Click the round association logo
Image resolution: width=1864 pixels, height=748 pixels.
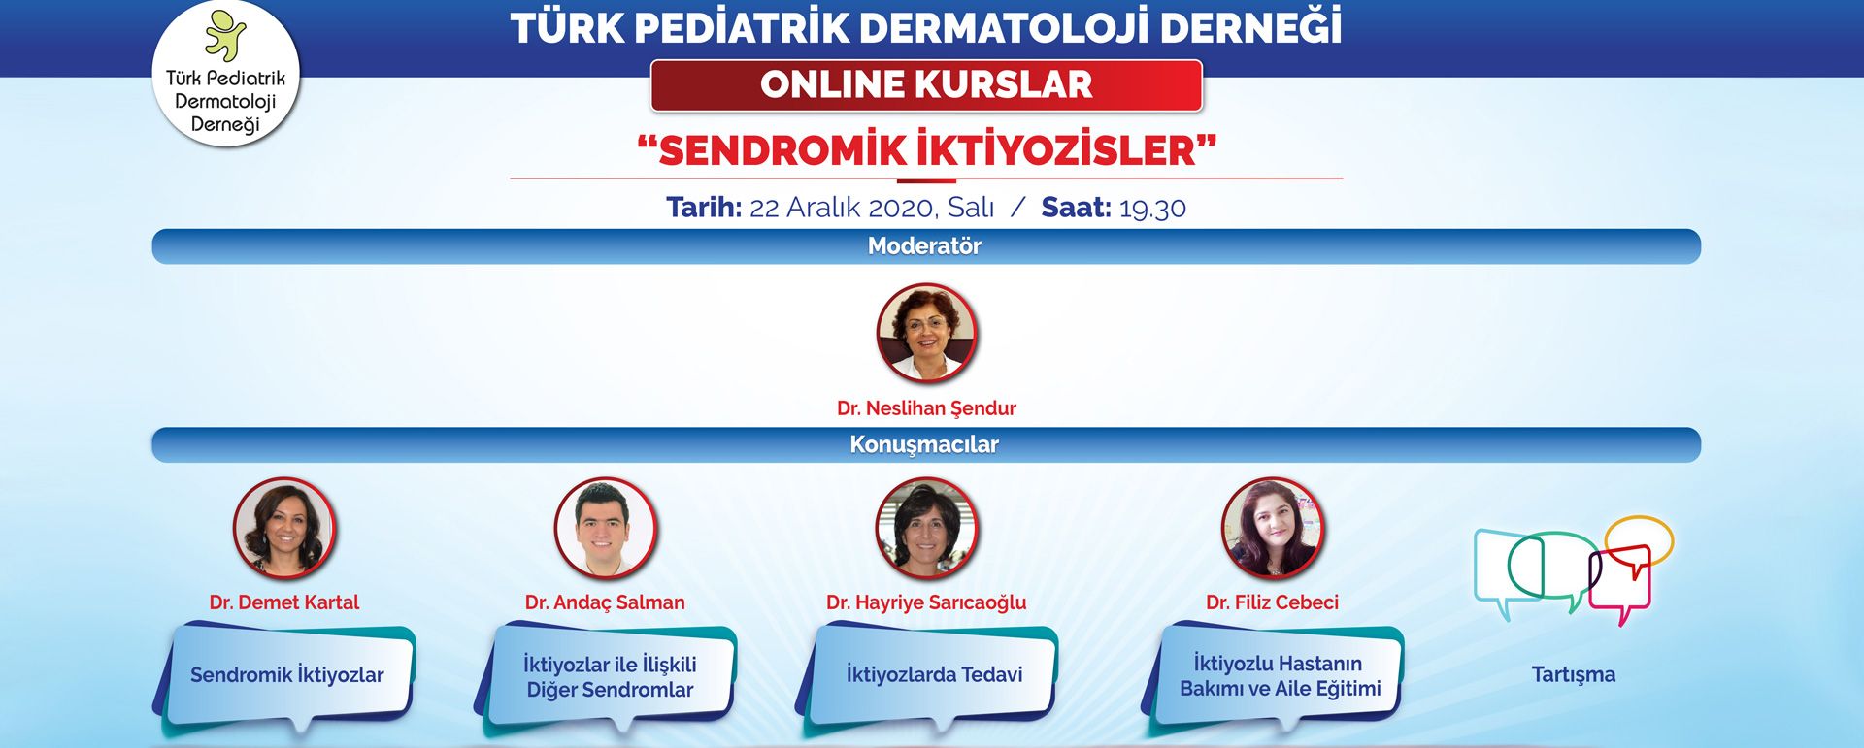226,74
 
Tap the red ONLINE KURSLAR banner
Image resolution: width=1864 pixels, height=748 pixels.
926,85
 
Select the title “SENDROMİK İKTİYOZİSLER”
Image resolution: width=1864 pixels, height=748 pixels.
926,150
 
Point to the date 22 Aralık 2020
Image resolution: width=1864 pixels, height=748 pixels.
842,208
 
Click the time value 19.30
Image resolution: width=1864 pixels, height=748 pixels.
1152,208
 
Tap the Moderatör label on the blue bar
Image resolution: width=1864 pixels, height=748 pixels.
924,246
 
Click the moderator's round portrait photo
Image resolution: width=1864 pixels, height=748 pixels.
926,334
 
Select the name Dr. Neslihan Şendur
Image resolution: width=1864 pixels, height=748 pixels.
926,408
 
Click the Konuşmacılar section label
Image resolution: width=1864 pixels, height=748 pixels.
924,444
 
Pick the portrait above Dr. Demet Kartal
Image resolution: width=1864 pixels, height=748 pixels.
284,528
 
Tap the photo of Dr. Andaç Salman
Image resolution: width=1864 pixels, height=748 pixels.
605,528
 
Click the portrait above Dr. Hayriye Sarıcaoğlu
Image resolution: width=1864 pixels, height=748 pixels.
926,528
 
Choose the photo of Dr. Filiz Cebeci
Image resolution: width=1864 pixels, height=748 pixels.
1272,528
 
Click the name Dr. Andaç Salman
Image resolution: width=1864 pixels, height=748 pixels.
605,602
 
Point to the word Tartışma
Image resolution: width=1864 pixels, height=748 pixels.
1574,675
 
